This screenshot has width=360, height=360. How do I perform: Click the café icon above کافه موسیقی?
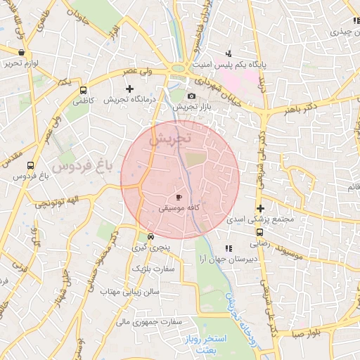[x=179, y=197]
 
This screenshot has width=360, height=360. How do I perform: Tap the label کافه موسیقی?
[x=179, y=208]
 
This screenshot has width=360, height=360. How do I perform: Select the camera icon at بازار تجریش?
[x=192, y=96]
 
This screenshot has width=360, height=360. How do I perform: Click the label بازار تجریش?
[x=192, y=108]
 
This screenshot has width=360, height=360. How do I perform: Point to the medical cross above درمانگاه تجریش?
[x=129, y=89]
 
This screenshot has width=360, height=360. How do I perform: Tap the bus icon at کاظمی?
[x=84, y=91]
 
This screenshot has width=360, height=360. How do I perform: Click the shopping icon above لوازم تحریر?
[x=21, y=52]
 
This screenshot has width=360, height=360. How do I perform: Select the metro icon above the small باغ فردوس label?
[x=30, y=166]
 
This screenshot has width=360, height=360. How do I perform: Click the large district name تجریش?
[x=172, y=138]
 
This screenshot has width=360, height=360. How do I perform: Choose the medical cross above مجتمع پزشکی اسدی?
[x=260, y=208]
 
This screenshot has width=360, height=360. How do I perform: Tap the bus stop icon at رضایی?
[x=259, y=232]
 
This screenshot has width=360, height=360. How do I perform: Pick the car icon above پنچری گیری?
[x=150, y=236]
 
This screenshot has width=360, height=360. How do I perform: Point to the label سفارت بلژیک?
[x=157, y=269]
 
